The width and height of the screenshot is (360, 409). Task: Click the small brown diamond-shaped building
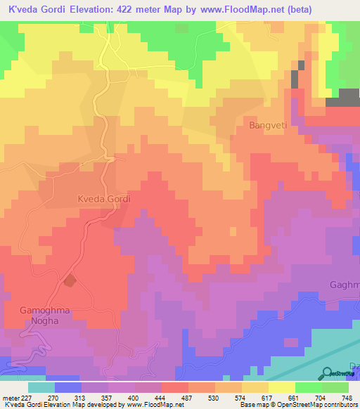point(70,281)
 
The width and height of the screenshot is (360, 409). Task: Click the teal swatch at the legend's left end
point(41,387)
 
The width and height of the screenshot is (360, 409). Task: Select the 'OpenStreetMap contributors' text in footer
point(318,405)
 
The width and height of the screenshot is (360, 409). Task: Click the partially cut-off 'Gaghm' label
point(345,285)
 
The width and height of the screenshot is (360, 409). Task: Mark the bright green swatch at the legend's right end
point(335,387)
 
